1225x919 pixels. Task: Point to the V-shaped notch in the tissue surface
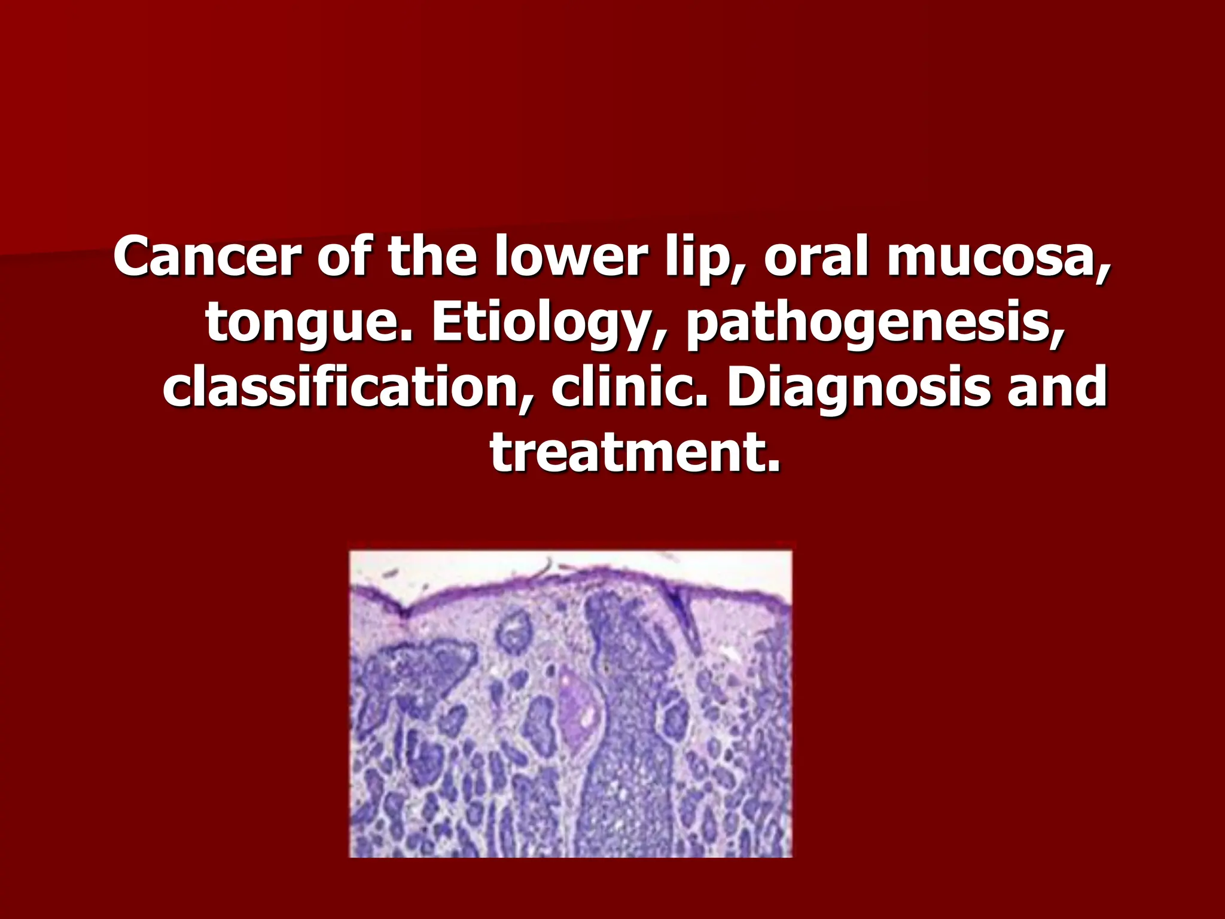(401, 613)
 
